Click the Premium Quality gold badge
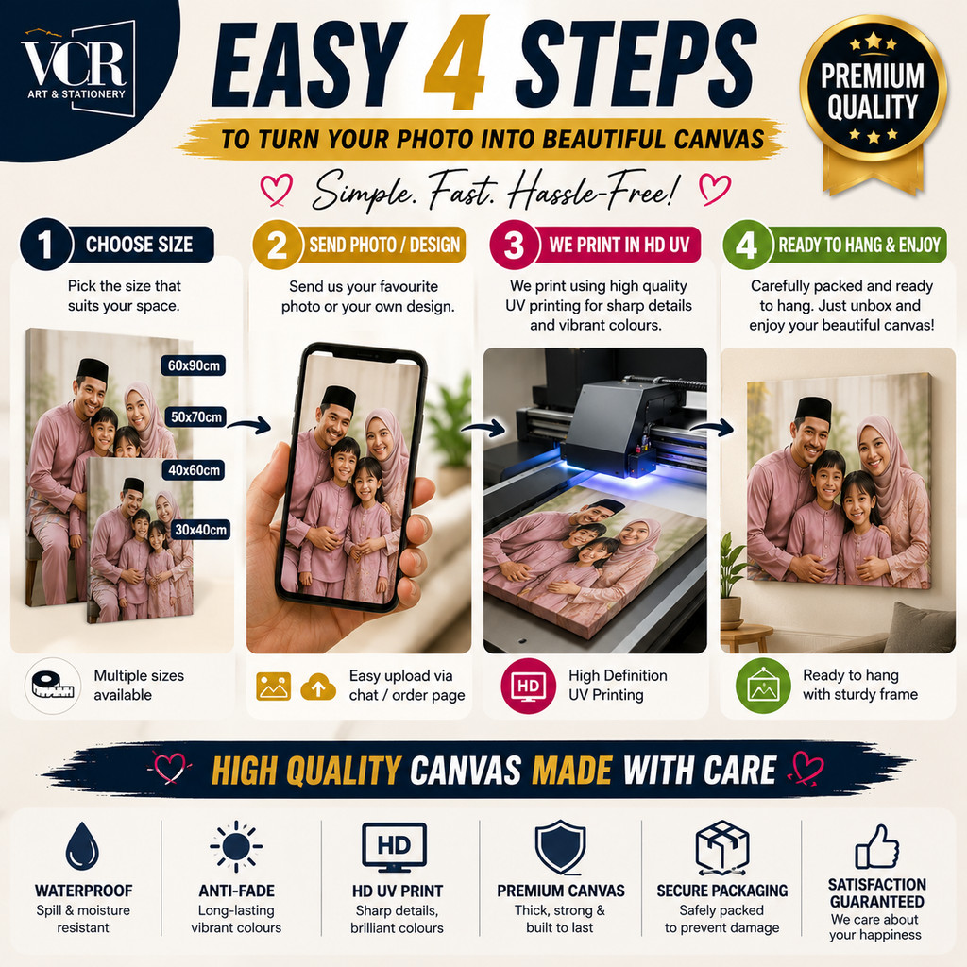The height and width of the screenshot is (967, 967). click(x=873, y=102)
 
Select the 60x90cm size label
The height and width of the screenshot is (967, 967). click(x=194, y=365)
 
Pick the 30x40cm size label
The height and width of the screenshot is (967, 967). click(x=200, y=530)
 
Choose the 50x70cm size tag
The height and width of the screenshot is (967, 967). click(x=195, y=416)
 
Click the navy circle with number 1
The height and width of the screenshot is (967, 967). click(x=45, y=245)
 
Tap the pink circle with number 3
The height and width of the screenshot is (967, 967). click(x=515, y=245)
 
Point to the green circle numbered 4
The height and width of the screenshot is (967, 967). click(x=747, y=245)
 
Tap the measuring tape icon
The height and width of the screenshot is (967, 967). click(x=53, y=686)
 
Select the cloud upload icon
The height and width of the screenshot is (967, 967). click(x=318, y=687)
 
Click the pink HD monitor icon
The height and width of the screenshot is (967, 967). click(x=529, y=686)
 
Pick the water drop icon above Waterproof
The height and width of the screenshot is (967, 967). click(x=83, y=845)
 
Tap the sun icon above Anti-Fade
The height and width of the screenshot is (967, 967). click(x=236, y=847)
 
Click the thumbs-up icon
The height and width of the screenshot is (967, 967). click(x=876, y=847)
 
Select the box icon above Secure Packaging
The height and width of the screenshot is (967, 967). click(x=722, y=848)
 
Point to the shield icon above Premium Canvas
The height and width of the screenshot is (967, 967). click(x=560, y=847)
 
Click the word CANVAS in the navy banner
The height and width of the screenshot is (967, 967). click(x=466, y=771)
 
